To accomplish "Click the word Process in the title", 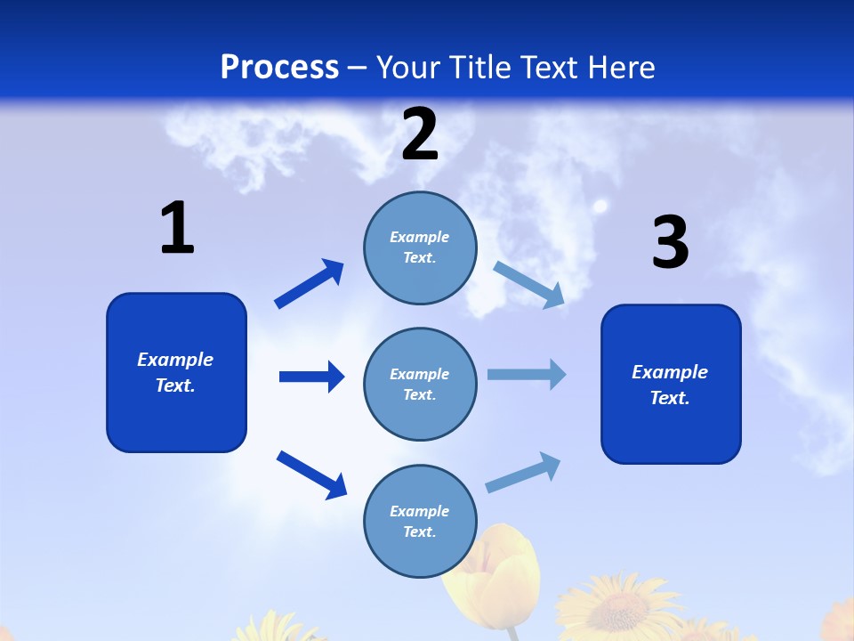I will [279, 68].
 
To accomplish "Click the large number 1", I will [177, 229].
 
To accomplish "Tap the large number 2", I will [420, 134].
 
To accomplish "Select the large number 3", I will [671, 243].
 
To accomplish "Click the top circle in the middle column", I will [420, 247].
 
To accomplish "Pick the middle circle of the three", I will [420, 384].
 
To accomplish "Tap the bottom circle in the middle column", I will [420, 521].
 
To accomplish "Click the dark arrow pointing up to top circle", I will [310, 284].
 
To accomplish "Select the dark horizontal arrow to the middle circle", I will [311, 377].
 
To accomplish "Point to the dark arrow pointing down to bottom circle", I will [311, 474].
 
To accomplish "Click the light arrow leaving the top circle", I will [528, 285].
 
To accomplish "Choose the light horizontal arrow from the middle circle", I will [527, 374].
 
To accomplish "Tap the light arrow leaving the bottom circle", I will [523, 473].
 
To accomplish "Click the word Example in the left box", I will [175, 360].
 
